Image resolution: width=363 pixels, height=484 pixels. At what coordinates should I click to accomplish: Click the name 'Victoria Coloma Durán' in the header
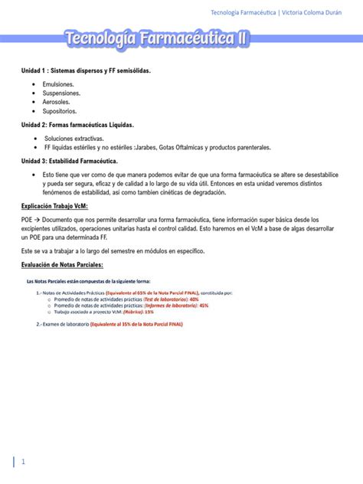(x=316, y=12)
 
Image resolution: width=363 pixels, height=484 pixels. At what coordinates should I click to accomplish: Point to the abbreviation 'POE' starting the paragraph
(x=28, y=220)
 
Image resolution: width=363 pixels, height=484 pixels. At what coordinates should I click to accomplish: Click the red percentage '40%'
(x=194, y=299)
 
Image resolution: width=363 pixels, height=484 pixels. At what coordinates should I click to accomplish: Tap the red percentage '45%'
(x=203, y=306)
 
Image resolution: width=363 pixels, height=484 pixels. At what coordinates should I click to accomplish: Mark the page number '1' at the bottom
(x=23, y=462)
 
